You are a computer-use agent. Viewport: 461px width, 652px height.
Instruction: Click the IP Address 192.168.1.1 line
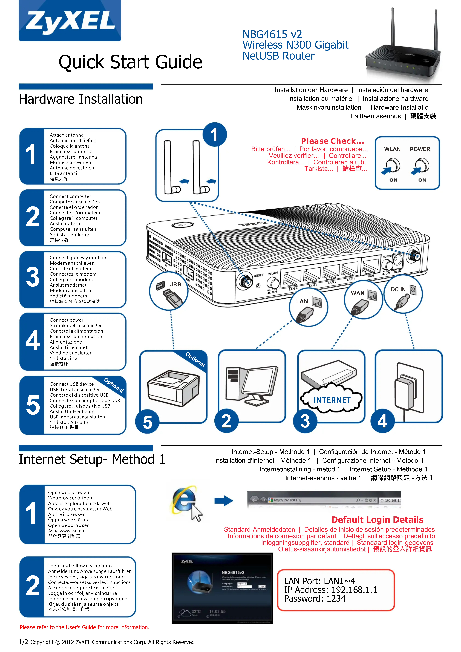330,590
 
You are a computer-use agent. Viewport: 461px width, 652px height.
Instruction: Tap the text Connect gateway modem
78,258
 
